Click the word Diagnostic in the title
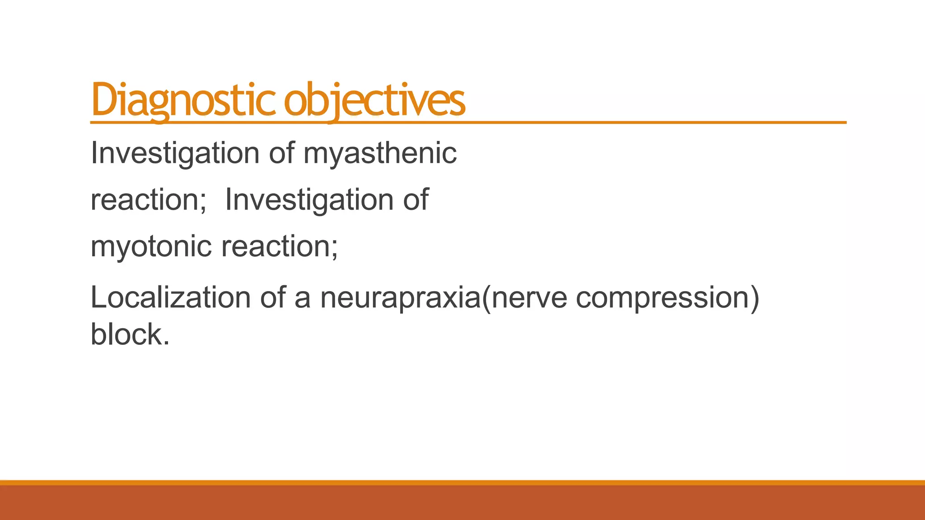coord(183,100)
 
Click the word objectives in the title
coord(374,100)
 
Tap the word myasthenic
coord(380,153)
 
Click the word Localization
coord(170,298)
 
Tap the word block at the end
coord(126,334)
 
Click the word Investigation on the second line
coord(309,200)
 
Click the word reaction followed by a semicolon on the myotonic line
coord(276,247)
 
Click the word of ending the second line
coord(416,200)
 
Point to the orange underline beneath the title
coord(632,122)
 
